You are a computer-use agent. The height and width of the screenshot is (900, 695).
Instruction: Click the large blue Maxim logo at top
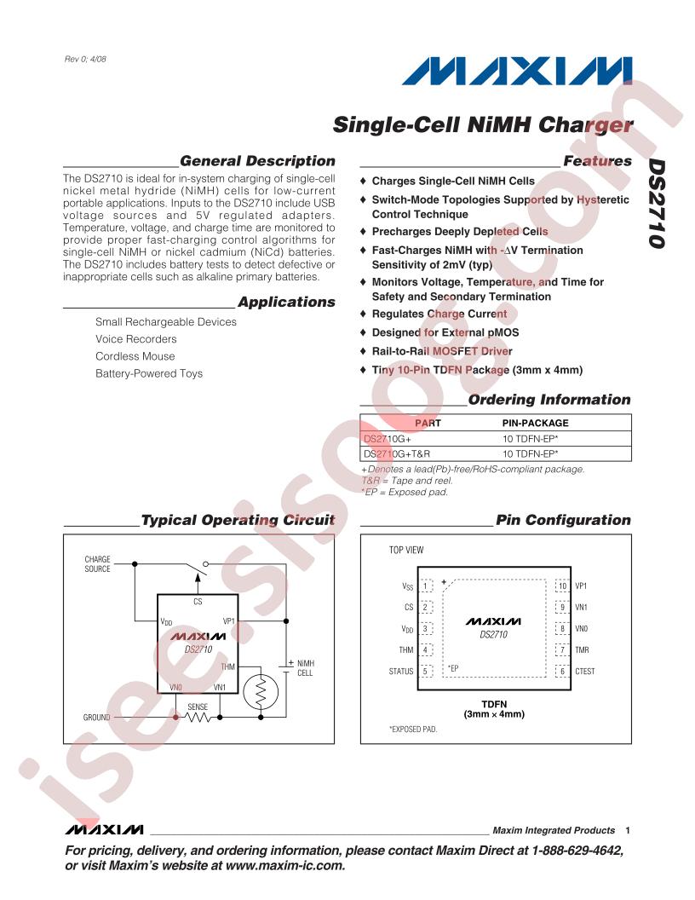[517, 72]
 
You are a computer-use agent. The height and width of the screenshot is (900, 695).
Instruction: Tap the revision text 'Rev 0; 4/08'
[85, 59]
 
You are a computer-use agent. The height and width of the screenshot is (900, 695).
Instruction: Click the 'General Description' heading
[257, 161]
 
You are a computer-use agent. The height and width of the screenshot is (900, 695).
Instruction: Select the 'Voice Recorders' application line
[136, 339]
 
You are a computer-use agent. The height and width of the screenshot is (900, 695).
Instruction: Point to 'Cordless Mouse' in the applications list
[135, 356]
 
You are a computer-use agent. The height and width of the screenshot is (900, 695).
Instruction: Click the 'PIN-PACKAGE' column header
[535, 423]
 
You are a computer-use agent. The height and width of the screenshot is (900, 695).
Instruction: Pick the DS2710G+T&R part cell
[397, 453]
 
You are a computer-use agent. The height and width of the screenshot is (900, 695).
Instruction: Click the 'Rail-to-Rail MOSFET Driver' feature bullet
[441, 351]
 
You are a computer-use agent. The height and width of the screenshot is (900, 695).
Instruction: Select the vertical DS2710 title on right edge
[657, 204]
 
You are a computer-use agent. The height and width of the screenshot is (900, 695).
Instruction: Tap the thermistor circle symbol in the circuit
[261, 692]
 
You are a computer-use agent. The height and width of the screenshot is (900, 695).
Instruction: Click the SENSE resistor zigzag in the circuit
[198, 717]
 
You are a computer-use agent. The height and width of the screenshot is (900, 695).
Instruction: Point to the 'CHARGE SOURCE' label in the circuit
[97, 563]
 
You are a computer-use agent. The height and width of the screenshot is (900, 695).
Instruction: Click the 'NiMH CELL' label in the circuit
[305, 667]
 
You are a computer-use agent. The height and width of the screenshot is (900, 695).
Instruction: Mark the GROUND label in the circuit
[96, 718]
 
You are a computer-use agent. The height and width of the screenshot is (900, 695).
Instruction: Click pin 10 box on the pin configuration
[562, 586]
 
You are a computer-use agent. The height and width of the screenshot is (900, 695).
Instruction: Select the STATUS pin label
[401, 671]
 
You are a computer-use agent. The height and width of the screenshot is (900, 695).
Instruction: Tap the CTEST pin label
[585, 671]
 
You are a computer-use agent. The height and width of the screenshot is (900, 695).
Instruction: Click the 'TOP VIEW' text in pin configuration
[406, 550]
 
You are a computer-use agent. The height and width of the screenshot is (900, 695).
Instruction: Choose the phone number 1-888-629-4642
[577, 850]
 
